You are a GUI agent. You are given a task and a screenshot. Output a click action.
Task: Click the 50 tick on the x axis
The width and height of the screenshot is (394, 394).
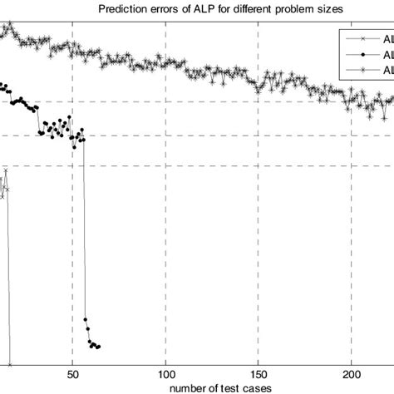coord(73,374)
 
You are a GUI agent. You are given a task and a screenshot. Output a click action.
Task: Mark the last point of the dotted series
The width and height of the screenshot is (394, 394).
coord(99,347)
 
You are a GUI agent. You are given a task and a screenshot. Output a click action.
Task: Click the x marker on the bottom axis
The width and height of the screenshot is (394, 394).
coord(11,364)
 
